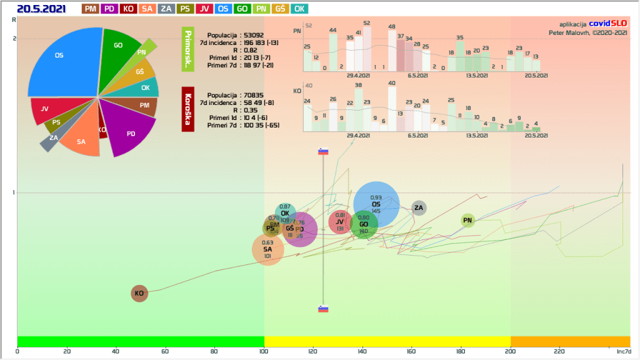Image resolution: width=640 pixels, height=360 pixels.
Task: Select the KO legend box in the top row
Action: point(129,9)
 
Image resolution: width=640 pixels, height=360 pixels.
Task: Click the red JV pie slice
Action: point(47,109)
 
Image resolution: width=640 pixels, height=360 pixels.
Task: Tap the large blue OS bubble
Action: point(376,204)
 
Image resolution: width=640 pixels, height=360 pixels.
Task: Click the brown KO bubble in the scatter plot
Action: point(139,293)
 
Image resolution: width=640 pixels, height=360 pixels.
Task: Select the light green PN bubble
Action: point(467,220)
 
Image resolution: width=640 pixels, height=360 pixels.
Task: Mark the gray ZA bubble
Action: point(419,208)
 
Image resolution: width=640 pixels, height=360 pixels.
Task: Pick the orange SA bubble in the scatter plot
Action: point(267,249)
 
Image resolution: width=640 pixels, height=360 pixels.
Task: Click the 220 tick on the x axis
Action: point(559,351)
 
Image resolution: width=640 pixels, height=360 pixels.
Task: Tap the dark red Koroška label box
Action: point(187,109)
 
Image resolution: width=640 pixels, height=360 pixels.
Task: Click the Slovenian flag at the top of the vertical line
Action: point(323,151)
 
